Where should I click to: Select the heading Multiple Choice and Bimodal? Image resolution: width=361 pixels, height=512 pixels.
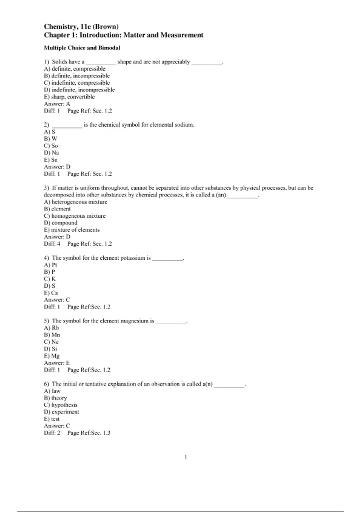click(82, 48)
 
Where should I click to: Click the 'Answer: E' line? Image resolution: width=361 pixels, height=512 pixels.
click(57, 363)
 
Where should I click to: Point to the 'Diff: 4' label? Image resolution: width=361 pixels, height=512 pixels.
click(52, 244)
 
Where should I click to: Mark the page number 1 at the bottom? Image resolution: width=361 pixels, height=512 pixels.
click(186, 457)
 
